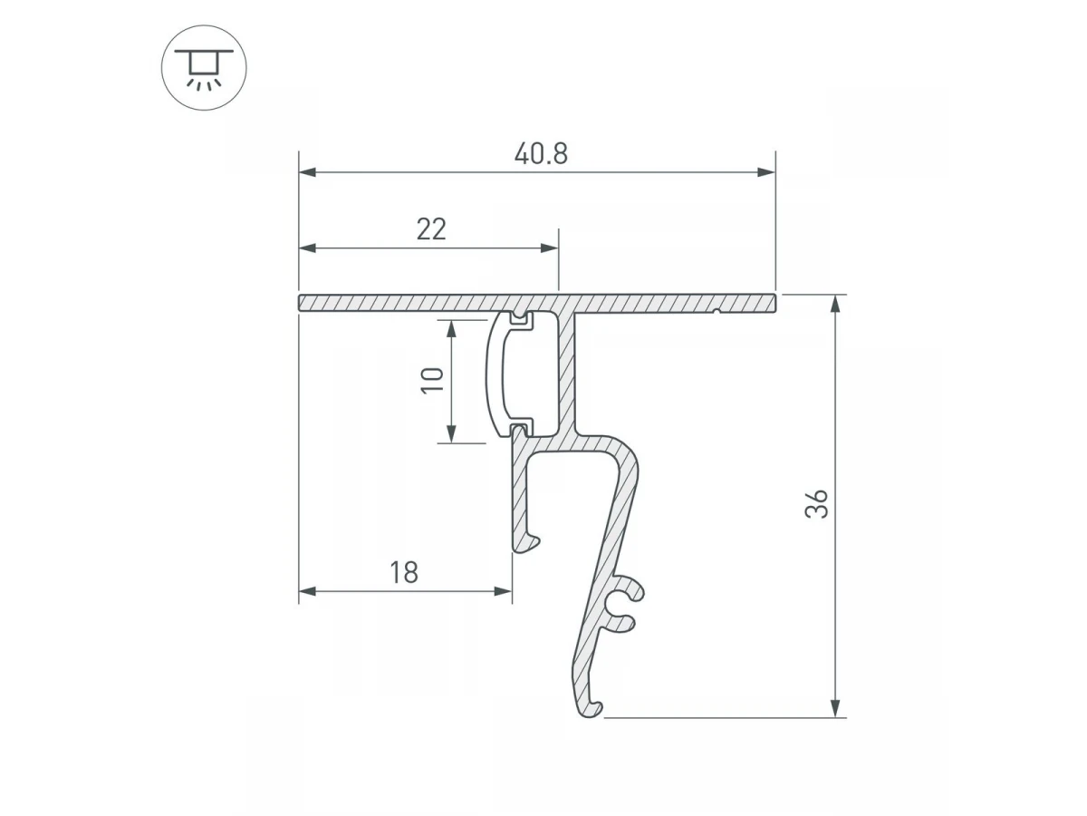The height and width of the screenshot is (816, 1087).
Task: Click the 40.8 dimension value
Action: pos(541,153)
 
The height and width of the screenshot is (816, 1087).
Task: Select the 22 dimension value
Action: pos(431,228)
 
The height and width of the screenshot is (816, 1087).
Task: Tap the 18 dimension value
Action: pos(404,572)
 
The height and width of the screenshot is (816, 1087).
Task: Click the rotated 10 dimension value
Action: pos(432,380)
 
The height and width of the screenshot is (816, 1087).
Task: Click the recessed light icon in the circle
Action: pos(204,68)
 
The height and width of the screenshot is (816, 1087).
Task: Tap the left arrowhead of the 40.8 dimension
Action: pos(307,172)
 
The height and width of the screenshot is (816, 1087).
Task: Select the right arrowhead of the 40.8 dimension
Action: pos(766,172)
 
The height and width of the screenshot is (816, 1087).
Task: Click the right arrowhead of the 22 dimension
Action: pos(550,248)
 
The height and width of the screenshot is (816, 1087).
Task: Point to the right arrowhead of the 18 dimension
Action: pos(503,591)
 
